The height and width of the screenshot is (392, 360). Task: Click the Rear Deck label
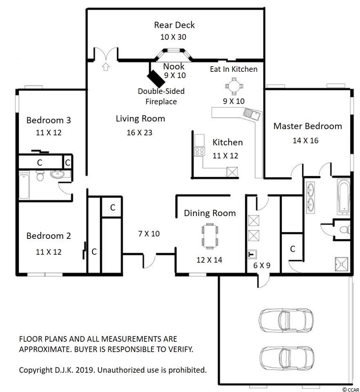[x=174, y=25]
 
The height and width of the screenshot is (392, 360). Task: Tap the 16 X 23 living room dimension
[x=140, y=132]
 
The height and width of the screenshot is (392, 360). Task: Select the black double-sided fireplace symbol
[x=156, y=78]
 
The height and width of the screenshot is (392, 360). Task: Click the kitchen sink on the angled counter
[x=251, y=114]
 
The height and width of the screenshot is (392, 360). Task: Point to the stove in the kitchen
[x=200, y=151]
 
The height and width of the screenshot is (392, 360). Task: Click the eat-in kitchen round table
[x=234, y=86]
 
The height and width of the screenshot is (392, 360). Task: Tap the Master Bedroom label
[x=307, y=126]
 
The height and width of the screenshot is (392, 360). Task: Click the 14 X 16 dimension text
[x=306, y=140]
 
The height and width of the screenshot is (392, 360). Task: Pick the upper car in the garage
[x=286, y=320]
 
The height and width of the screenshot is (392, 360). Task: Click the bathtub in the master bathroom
[x=344, y=196]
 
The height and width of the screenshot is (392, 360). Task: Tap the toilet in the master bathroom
[x=345, y=229]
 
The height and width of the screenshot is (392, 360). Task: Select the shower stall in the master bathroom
[x=342, y=264]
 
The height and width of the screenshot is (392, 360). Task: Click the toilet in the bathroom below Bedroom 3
[x=40, y=176]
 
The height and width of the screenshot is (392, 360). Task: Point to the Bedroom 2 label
[x=49, y=236]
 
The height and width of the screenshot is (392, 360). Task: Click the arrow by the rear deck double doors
[x=106, y=67]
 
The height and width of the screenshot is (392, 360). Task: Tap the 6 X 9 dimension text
[x=262, y=265]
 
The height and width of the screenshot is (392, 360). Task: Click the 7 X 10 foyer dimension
[x=149, y=234]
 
